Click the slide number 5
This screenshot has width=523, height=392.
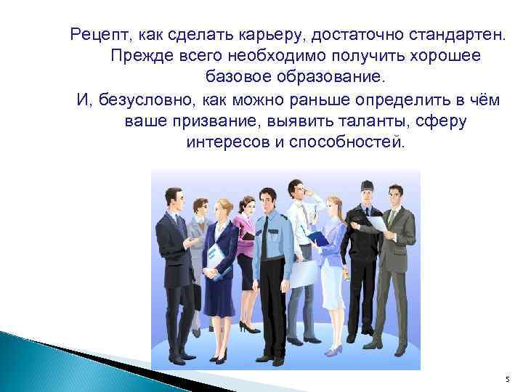click(507, 378)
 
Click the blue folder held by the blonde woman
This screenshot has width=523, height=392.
click(318, 237)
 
